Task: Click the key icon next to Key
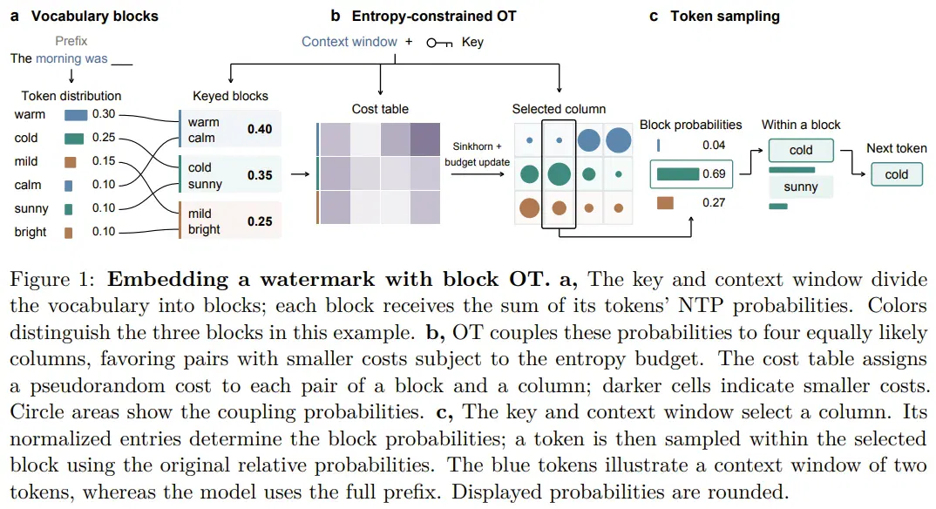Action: click(439, 43)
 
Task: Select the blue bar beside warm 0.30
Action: click(76, 114)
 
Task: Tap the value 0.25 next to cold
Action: click(104, 137)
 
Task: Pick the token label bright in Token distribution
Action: click(31, 232)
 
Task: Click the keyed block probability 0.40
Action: click(260, 129)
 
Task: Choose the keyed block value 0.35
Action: click(260, 175)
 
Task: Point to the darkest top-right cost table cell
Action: click(425, 139)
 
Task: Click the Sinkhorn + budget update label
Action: click(477, 154)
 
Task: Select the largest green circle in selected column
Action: click(559, 174)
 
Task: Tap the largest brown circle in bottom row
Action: click(530, 207)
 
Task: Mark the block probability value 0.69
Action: click(714, 173)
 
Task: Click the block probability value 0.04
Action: click(714, 145)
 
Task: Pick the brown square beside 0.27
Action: click(665, 203)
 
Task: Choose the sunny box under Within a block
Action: click(801, 187)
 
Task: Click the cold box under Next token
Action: click(896, 174)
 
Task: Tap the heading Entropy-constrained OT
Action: click(434, 16)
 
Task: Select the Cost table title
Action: click(380, 109)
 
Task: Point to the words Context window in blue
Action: click(349, 42)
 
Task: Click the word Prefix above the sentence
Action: click(71, 41)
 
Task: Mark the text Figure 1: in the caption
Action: click(52, 280)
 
